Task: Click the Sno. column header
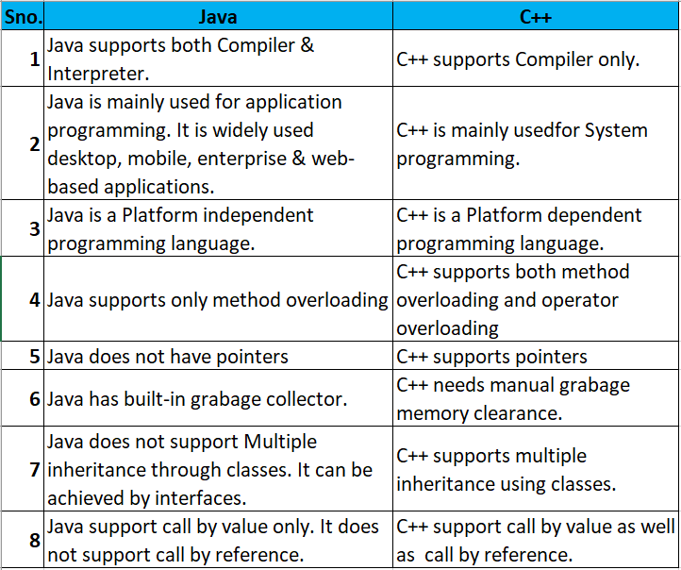pos(23,16)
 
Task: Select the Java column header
pos(218,16)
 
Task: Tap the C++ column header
pos(536,16)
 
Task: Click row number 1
pos(34,59)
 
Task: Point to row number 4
pos(34,300)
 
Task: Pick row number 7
pos(34,470)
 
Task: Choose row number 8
pos(34,541)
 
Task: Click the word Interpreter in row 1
pos(97,73)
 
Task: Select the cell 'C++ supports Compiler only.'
pos(518,59)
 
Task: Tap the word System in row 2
pos(614,130)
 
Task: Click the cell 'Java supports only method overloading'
pos(218,300)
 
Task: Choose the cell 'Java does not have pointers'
pos(168,357)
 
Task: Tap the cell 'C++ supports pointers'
pos(491,357)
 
